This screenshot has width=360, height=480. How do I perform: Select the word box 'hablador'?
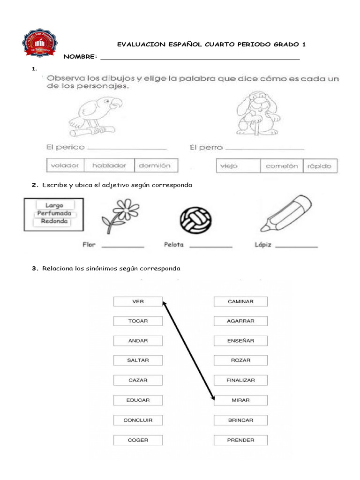(109, 165)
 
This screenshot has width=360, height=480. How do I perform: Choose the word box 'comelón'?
(281, 166)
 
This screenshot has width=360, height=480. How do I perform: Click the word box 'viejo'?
(238, 166)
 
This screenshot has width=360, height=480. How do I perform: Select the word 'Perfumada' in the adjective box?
(54, 213)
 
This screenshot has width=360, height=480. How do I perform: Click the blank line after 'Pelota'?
(211, 247)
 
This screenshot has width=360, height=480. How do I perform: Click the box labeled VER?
(138, 301)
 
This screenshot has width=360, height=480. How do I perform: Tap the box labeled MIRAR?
(240, 400)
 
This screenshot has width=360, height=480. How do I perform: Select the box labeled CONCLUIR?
(138, 420)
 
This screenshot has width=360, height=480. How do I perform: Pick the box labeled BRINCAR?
(240, 420)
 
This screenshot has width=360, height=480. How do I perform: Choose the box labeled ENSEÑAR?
(240, 341)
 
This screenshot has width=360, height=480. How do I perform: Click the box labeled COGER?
(138, 440)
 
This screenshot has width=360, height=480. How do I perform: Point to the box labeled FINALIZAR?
(240, 380)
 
